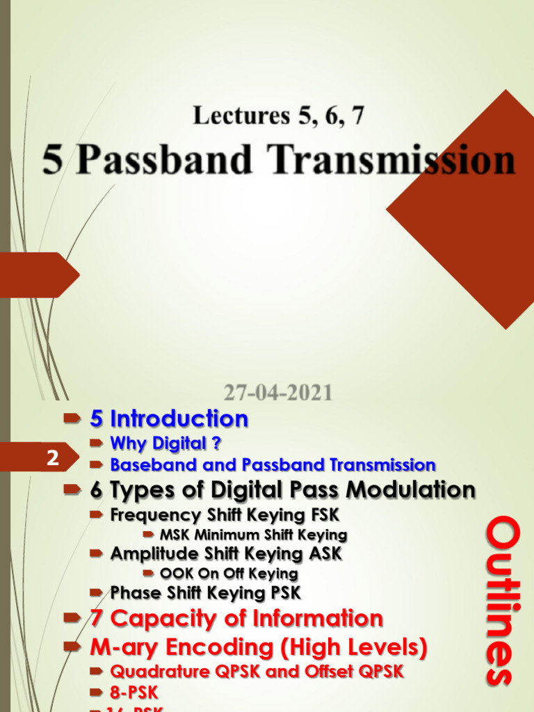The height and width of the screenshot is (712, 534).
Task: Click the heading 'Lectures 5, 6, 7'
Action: coord(278,115)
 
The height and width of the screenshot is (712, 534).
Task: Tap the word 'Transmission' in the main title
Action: coord(393,160)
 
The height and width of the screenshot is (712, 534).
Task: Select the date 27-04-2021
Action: coord(278,393)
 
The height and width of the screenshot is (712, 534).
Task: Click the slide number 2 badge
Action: coord(52,458)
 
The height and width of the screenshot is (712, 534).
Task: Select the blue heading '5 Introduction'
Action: coord(169,419)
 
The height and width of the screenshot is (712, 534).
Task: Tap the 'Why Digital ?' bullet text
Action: coord(165,444)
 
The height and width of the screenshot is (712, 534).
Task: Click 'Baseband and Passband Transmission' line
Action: coord(273,464)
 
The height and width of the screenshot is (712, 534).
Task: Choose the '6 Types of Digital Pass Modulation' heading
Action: coord(282,489)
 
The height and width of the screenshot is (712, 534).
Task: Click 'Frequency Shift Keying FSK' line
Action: coord(225,515)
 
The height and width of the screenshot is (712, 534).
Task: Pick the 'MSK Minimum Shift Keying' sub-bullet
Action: coord(253,535)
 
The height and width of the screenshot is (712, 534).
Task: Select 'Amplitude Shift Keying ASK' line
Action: coord(226,554)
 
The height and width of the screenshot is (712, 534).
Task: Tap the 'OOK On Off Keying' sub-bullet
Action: coord(229,574)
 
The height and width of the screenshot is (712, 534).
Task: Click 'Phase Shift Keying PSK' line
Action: coord(205,593)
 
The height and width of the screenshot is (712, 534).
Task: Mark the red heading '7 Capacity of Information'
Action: coord(236,618)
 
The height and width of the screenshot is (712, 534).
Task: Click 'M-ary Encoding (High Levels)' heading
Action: coord(258,647)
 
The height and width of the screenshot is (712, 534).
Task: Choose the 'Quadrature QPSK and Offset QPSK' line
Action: coord(257,672)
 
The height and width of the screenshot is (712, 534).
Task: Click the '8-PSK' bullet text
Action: coord(134,693)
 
